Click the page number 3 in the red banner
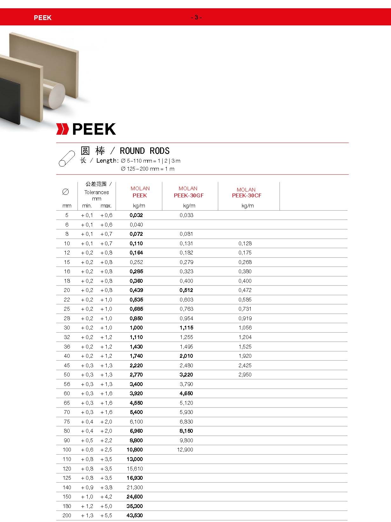tap(196, 17)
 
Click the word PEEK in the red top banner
tap(43, 18)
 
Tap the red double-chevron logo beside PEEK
tap(62, 129)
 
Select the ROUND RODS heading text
tap(145, 151)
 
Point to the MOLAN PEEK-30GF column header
tap(188, 192)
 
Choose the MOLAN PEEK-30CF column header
tap(246, 193)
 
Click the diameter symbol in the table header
tap(65, 192)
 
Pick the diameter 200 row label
tap(67, 515)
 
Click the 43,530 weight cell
tap(135, 515)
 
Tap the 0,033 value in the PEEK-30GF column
tap(186, 215)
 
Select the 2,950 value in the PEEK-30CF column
tap(245, 375)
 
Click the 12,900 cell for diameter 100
tap(185, 450)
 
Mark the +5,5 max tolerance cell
tap(106, 515)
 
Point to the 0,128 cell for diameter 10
tap(245, 243)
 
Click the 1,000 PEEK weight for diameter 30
tap(136, 328)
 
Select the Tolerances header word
tap(97, 192)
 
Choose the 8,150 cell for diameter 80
tap(186, 431)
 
